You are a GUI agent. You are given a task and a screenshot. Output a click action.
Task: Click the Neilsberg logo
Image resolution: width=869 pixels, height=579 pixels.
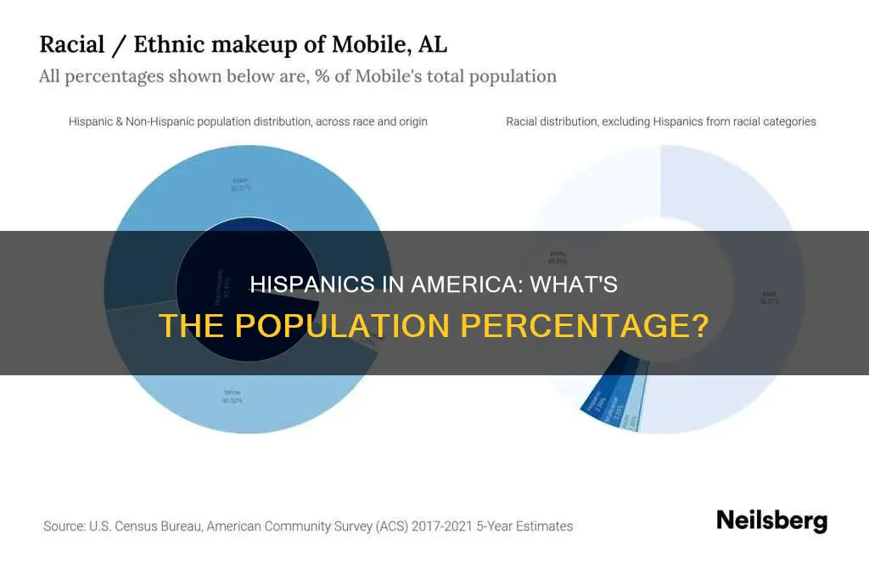[x=771, y=520]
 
